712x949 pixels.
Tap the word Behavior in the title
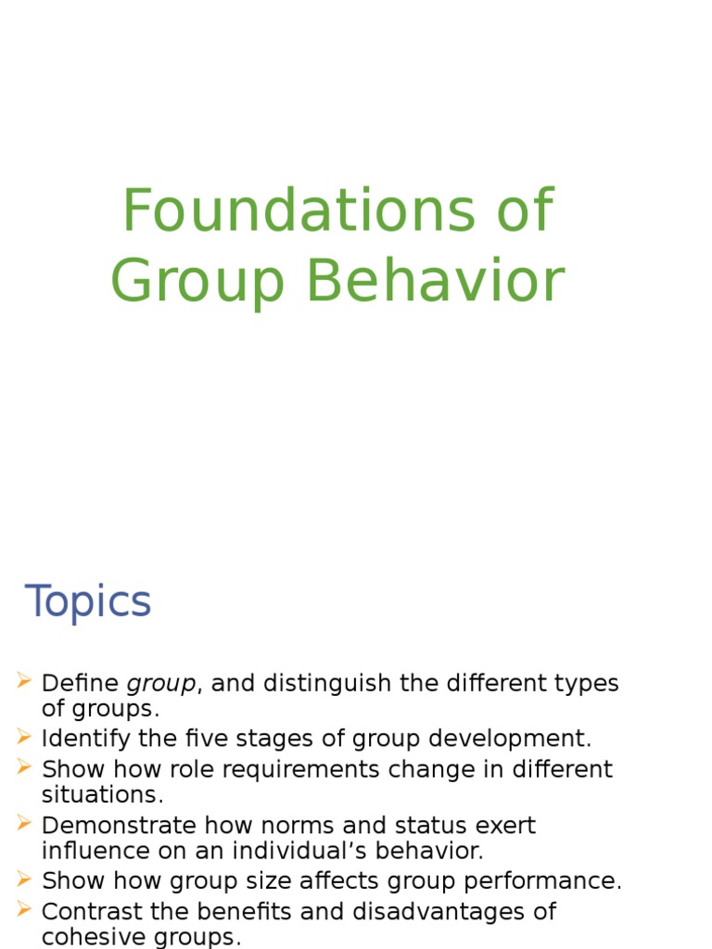click(436, 282)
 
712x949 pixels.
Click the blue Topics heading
click(88, 602)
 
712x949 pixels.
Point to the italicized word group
click(161, 684)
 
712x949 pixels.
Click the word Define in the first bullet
click(81, 684)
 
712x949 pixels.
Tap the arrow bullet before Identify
click(24, 738)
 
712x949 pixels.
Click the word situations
click(102, 794)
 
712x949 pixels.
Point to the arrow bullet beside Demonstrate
click(24, 824)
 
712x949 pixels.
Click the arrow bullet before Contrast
click(24, 910)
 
